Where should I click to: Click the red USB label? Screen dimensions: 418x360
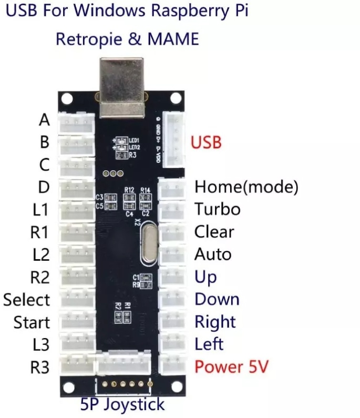(x=206, y=142)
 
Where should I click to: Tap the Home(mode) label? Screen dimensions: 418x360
(x=246, y=187)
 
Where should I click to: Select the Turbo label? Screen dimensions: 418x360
(x=217, y=209)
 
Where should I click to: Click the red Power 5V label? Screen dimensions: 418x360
(x=231, y=366)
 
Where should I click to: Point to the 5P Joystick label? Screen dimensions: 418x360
(x=122, y=404)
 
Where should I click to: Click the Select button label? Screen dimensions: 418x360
(x=26, y=300)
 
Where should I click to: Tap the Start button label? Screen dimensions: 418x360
(x=32, y=322)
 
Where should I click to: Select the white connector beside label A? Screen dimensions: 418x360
(x=77, y=121)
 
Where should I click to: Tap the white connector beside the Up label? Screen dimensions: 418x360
(x=171, y=277)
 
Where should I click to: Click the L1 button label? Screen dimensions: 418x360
(x=40, y=210)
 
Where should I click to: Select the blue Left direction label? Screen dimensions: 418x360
(x=209, y=344)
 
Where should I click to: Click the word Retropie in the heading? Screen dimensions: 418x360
(x=88, y=39)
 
